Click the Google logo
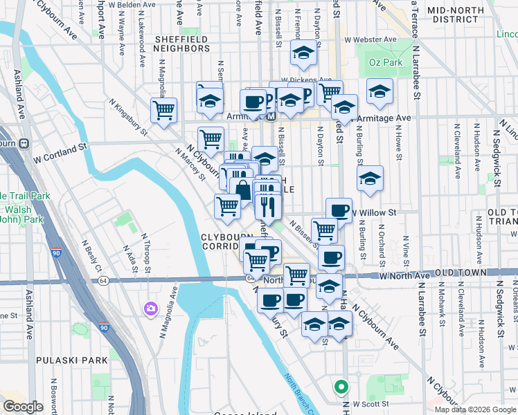pyautogui.click(x=24, y=407)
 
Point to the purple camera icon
pyautogui.click(x=150, y=308)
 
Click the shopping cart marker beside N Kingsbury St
pyautogui.click(x=164, y=109)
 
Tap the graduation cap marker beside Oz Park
pyautogui.click(x=379, y=91)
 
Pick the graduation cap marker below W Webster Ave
pyautogui.click(x=303, y=54)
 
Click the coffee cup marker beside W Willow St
pyautogui.click(x=338, y=210)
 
